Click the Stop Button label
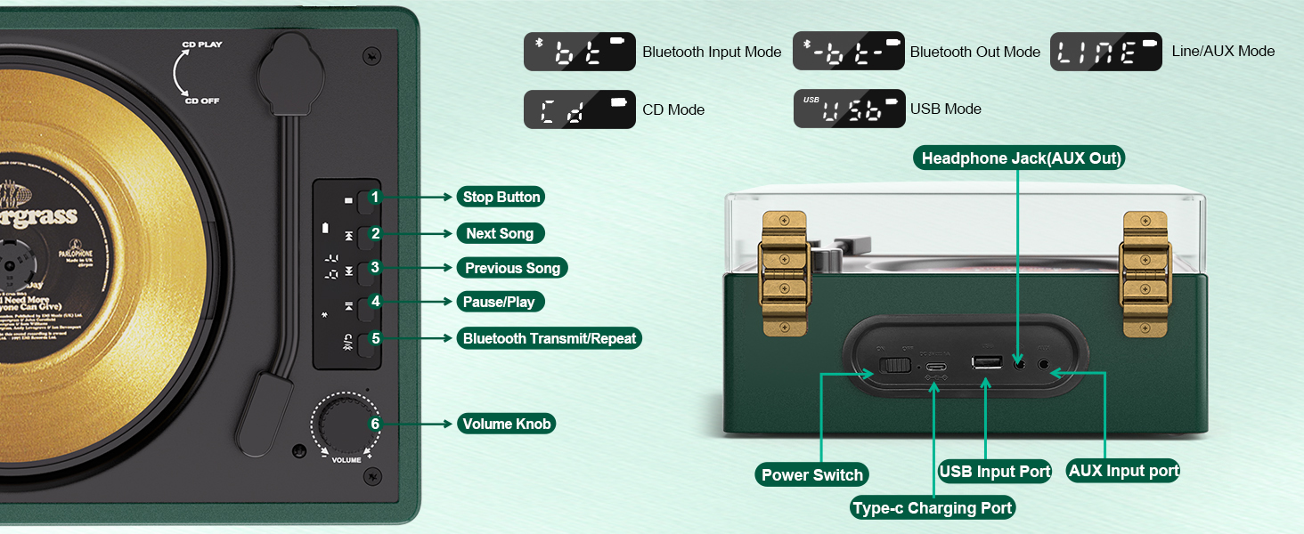click(501, 197)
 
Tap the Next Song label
click(500, 233)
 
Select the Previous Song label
click(512, 268)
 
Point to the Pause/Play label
click(499, 302)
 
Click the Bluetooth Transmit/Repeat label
click(550, 338)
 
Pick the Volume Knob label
click(506, 424)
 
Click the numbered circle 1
click(376, 197)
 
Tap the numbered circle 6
click(375, 424)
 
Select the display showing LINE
click(1106, 52)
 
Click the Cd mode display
click(580, 109)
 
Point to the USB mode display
click(849, 109)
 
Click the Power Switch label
click(811, 474)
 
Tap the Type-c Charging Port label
click(933, 508)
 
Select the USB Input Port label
click(995, 471)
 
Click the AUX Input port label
click(1123, 471)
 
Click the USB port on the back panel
click(986, 362)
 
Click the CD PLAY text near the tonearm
click(203, 44)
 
